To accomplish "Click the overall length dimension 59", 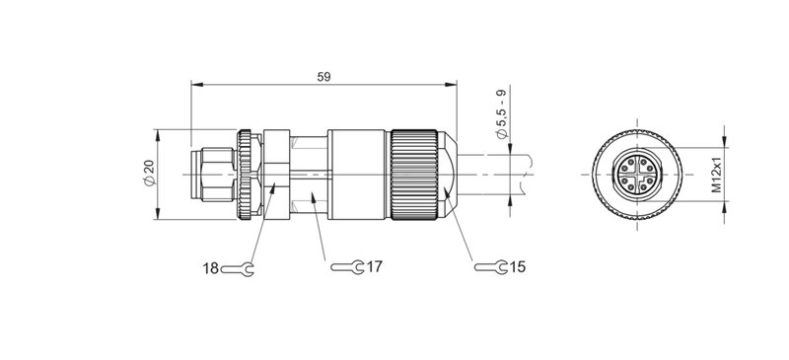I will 323,76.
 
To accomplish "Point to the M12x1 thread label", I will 718,175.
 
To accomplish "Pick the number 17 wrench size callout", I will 374,267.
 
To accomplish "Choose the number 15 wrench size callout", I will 518,267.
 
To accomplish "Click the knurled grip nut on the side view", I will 414,175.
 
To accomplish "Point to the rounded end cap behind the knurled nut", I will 450,175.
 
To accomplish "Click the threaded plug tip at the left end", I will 210,175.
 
